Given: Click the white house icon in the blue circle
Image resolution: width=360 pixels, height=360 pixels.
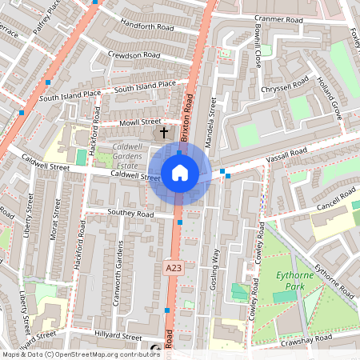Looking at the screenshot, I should click(x=180, y=172).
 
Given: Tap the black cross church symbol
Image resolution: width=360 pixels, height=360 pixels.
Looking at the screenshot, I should click(x=165, y=132).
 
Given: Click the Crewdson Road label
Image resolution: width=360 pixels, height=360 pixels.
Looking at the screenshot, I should click(x=134, y=55).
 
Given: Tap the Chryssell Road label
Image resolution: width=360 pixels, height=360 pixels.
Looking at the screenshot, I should click(x=285, y=84).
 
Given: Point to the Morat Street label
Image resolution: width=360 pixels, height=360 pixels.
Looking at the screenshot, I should click(x=56, y=218).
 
